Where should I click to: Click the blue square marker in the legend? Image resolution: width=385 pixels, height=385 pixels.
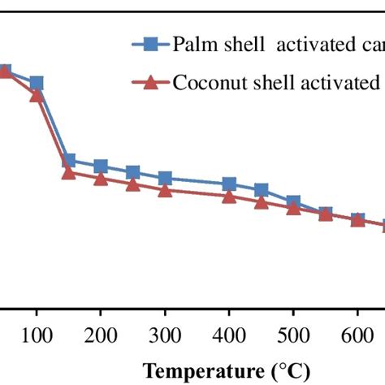(x=148, y=45)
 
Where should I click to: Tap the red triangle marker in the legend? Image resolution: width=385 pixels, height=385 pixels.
(x=148, y=82)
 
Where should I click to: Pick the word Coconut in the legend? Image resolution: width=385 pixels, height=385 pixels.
(x=208, y=82)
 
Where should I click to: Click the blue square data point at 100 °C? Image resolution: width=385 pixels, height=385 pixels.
(x=37, y=84)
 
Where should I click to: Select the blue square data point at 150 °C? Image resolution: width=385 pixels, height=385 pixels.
(x=69, y=161)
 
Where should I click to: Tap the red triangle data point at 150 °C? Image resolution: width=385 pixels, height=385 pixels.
(x=69, y=172)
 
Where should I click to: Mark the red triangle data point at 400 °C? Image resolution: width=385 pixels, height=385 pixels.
(x=229, y=196)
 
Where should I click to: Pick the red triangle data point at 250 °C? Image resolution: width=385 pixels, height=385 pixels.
(x=133, y=184)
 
